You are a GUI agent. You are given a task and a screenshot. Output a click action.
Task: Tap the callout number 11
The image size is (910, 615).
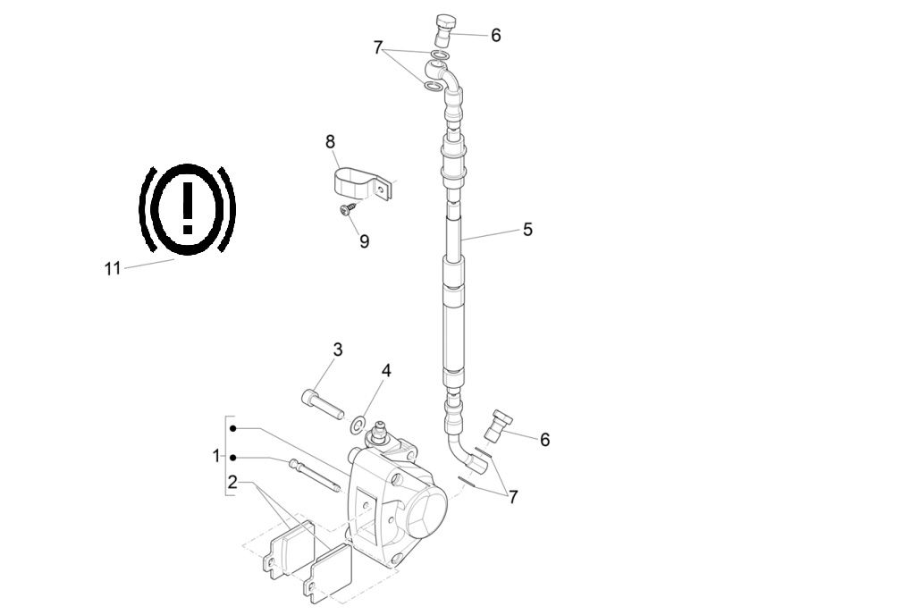click(x=112, y=268)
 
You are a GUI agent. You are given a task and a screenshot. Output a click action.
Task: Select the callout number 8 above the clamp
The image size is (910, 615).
click(x=331, y=141)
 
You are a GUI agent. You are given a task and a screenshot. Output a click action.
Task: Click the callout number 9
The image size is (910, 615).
click(x=364, y=241)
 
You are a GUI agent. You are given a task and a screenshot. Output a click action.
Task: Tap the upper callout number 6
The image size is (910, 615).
click(x=495, y=36)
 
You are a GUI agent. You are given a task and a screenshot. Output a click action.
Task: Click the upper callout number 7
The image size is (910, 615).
click(x=378, y=47)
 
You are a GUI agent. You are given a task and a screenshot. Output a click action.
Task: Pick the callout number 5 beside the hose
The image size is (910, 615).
click(x=527, y=230)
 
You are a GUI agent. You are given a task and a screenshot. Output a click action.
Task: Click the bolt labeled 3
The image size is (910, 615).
click(x=321, y=404)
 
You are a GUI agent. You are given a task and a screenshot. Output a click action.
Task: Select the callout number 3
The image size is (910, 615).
click(x=338, y=350)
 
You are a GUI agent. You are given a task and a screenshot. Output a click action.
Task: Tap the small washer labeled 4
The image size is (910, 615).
click(x=358, y=422)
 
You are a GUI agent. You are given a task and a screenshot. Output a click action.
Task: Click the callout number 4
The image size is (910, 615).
click(x=385, y=370)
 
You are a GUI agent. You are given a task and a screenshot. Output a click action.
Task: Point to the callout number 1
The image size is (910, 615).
click(x=215, y=456)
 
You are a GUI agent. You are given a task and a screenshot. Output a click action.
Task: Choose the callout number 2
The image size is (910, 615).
click(x=232, y=483)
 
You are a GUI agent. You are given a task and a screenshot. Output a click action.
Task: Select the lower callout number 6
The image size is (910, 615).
click(x=544, y=440)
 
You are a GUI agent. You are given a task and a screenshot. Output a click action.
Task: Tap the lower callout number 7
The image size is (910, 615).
click(x=512, y=497)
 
